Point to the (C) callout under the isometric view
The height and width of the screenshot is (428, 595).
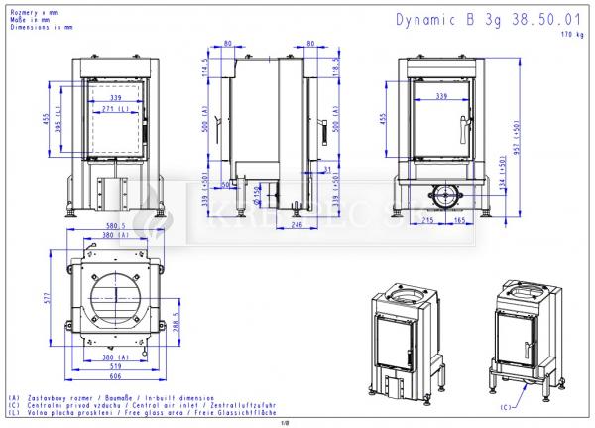click(x=506, y=406)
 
